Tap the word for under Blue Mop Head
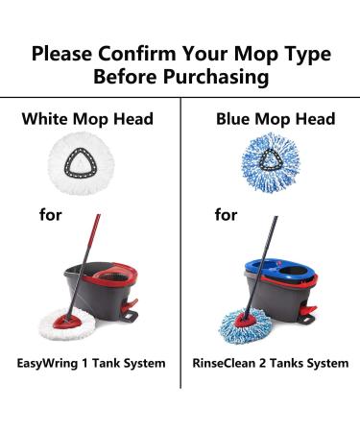click(227, 215)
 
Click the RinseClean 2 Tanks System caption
click(270, 363)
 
